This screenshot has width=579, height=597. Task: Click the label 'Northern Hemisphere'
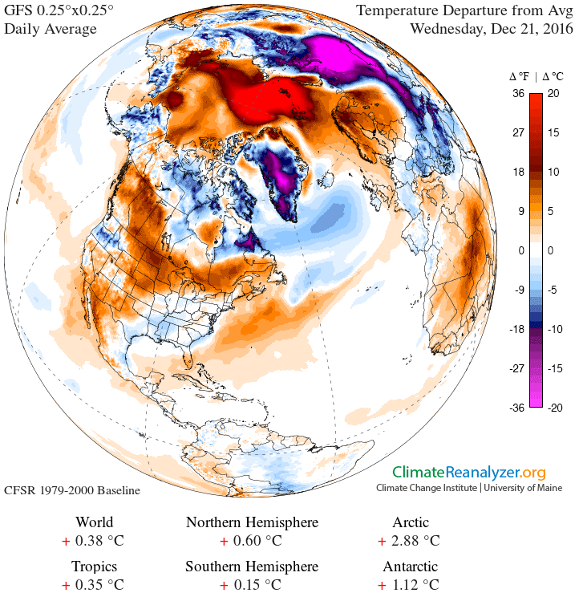(x=252, y=523)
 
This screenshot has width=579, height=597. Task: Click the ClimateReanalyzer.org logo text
(x=468, y=473)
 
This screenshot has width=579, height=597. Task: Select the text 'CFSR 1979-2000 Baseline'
(x=73, y=489)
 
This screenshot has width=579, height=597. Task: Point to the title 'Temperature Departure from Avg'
(x=464, y=11)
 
